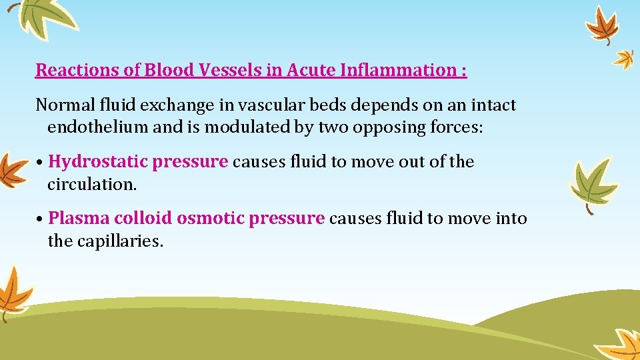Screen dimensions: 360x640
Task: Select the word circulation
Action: [91, 184]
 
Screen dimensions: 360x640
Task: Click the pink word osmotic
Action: [212, 219]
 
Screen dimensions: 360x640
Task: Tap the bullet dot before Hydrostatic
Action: [41, 163]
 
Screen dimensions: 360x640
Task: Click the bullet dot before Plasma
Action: [41, 219]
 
